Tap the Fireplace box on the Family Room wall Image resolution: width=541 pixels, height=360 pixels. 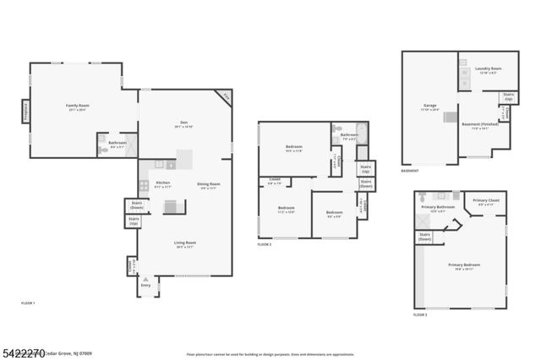click(25, 111)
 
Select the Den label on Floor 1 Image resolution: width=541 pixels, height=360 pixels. click(184, 126)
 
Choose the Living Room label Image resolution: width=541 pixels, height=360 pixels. click(184, 244)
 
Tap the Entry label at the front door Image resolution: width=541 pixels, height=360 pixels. click(145, 286)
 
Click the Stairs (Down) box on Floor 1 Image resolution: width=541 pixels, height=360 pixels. click(135, 204)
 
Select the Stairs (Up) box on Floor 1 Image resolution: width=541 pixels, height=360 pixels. click(133, 221)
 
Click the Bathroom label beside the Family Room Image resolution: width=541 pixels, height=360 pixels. click(117, 143)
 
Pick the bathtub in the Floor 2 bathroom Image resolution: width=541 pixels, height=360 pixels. click(362, 132)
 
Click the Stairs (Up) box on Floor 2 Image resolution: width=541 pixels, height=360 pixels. click(364, 167)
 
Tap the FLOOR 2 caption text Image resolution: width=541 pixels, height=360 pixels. click(265, 244)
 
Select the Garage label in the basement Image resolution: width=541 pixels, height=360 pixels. click(430, 108)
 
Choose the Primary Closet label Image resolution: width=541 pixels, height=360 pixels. click(485, 201)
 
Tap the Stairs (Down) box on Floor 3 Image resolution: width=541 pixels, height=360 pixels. click(424, 237)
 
